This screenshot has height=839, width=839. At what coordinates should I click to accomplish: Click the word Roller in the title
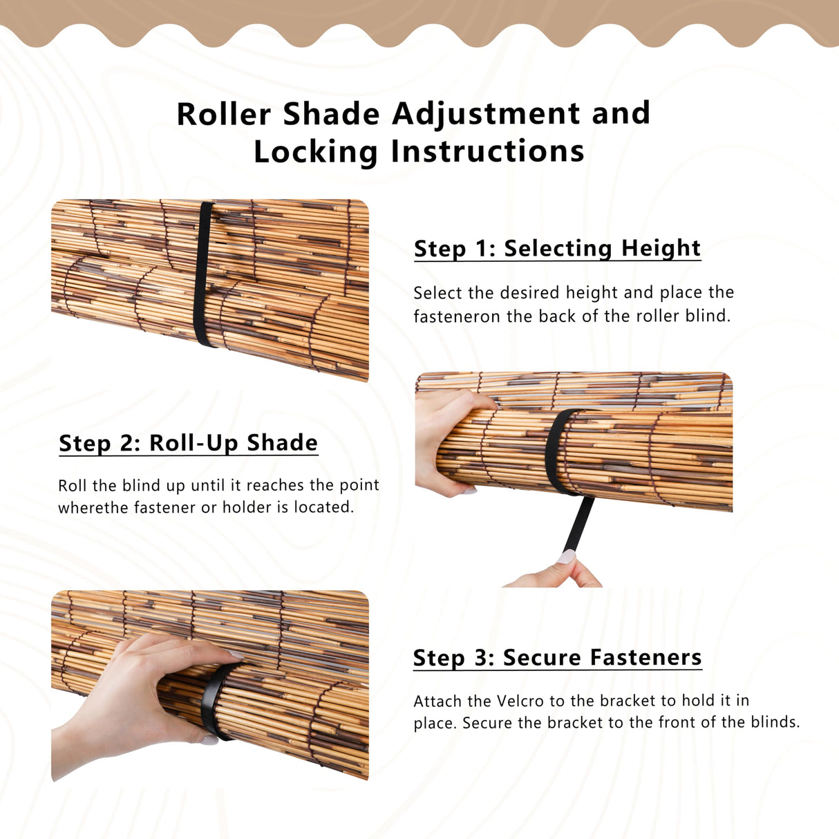(x=224, y=114)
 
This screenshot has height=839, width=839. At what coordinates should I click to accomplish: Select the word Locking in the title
(x=315, y=152)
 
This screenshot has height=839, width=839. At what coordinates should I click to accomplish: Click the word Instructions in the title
(x=487, y=151)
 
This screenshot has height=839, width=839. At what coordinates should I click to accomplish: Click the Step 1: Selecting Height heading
(x=557, y=248)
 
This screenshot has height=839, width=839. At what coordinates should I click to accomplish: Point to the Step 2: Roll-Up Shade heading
(x=188, y=443)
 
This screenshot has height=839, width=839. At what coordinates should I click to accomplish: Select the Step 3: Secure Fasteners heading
(x=557, y=657)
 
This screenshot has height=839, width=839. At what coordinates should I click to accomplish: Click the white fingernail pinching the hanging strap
(x=567, y=557)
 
